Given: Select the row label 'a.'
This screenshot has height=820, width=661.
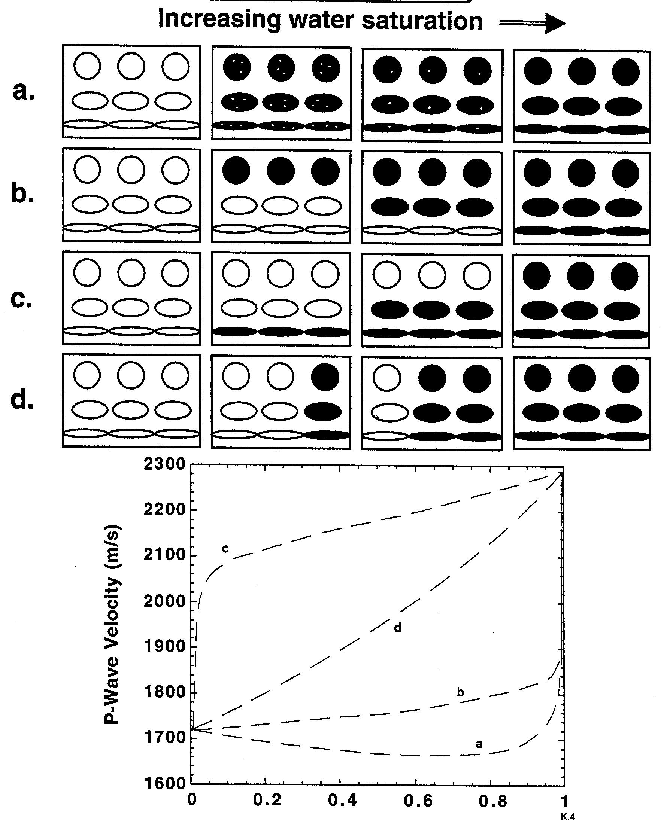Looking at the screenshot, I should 23,92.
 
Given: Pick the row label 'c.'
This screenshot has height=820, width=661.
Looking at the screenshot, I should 21,299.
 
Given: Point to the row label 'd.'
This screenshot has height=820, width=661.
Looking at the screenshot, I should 22,400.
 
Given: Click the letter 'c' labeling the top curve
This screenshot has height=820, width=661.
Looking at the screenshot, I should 225,549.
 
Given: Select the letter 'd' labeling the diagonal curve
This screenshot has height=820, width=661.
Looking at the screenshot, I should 397,628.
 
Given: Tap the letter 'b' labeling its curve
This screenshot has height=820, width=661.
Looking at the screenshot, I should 460,692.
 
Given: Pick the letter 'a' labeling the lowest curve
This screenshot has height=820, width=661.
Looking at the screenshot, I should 479,744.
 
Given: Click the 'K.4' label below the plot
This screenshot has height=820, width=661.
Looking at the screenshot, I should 568,816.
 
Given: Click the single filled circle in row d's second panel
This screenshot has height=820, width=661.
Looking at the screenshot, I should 325,378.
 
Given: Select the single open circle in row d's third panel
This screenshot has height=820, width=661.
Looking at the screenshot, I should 387,378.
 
